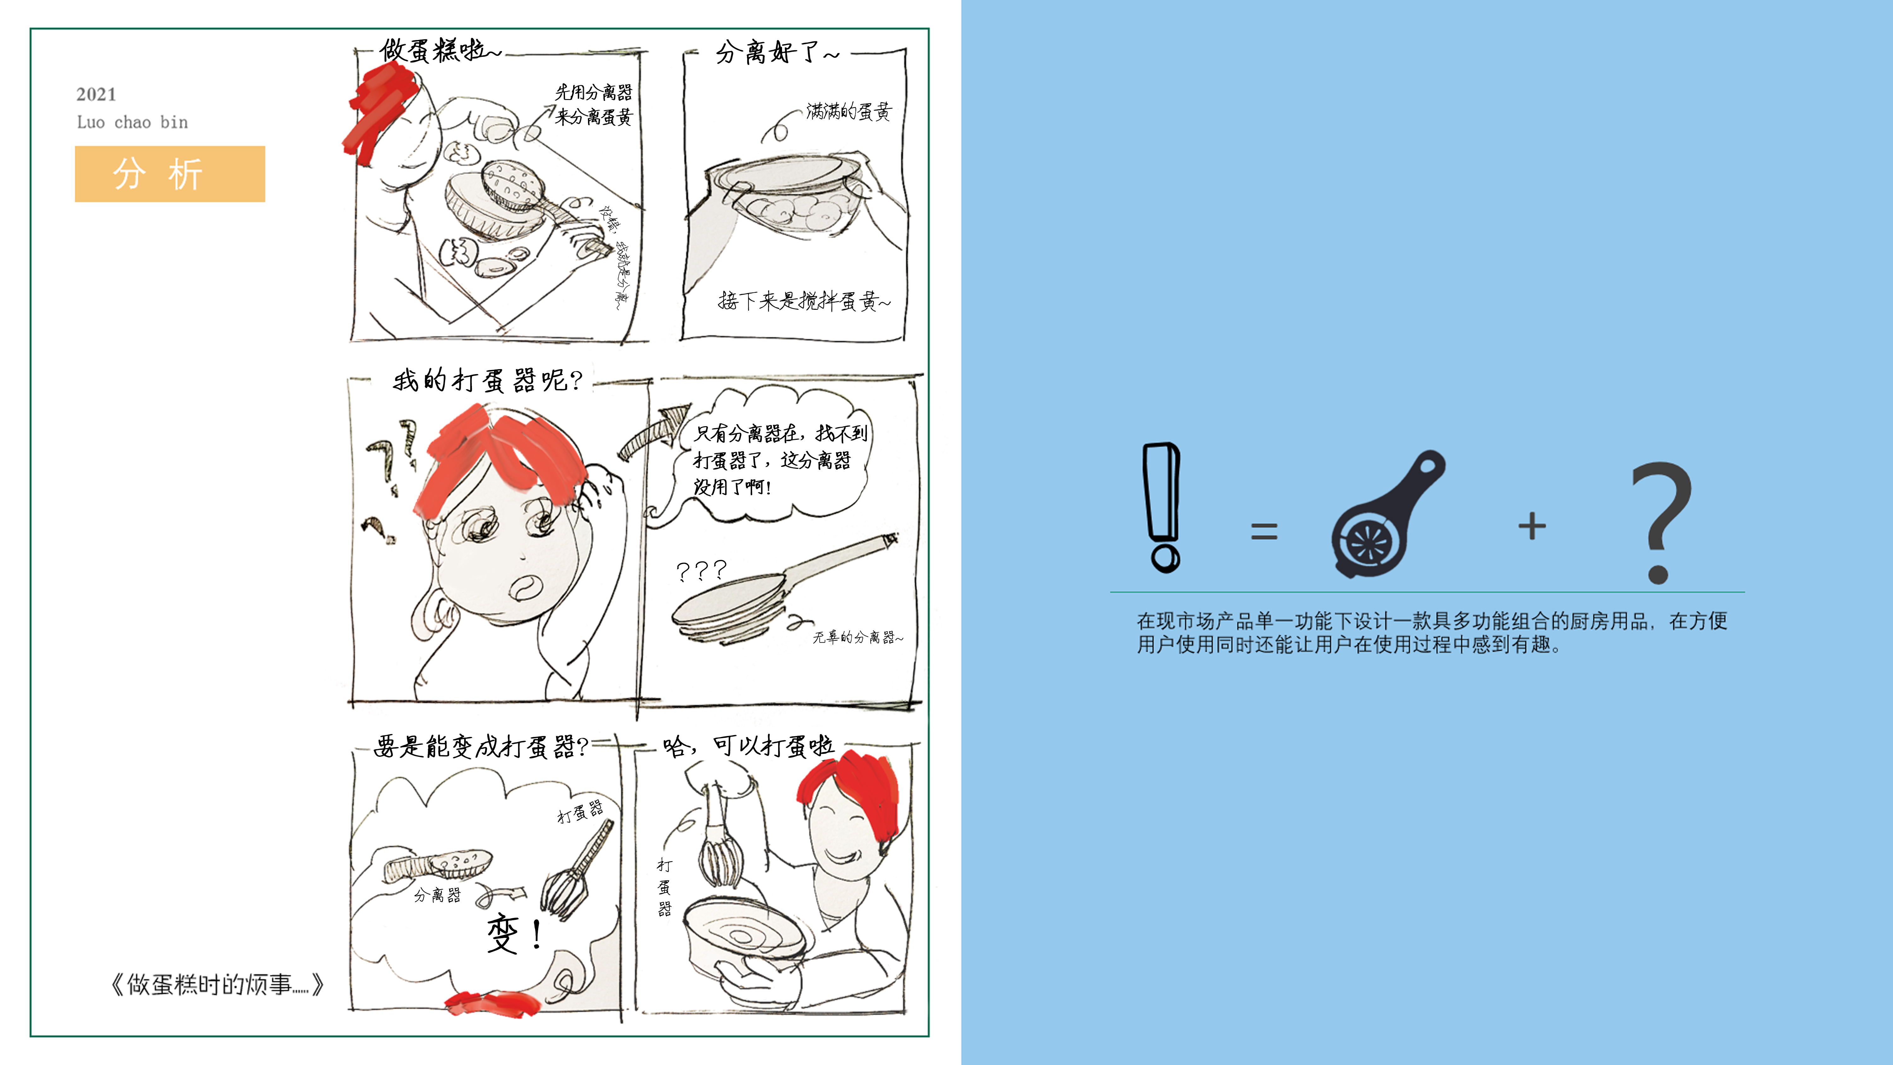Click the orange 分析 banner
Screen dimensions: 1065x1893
pos(170,174)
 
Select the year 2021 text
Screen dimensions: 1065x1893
pos(96,94)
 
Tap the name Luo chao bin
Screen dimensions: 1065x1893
pos(132,122)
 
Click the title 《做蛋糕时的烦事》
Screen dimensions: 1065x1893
pos(217,984)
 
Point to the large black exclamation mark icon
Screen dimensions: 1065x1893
pos(1162,507)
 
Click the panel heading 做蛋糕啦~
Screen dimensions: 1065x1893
pos(439,51)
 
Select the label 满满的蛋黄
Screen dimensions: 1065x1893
pos(849,112)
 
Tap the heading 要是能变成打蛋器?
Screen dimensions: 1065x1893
pos(481,747)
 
